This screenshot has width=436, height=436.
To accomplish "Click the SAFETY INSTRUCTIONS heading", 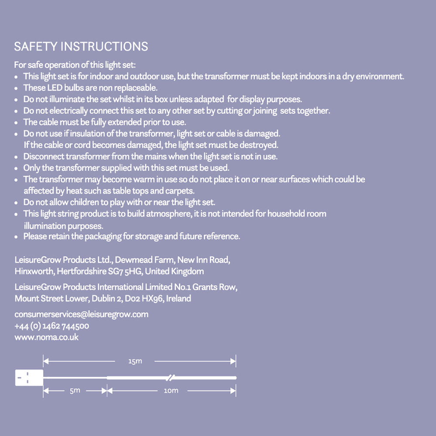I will click(x=81, y=47).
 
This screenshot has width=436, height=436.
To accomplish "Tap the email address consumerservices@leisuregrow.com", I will click(x=81, y=314).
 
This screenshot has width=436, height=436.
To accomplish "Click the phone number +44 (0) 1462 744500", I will click(x=52, y=326).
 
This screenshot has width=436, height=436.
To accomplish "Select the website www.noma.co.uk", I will click(x=47, y=337).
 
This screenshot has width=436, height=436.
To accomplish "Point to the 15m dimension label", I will click(x=135, y=361).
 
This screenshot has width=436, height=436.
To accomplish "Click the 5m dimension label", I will click(x=75, y=391).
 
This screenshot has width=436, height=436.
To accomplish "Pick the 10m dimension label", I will click(x=171, y=391).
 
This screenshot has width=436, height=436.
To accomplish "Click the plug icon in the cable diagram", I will click(x=29, y=378).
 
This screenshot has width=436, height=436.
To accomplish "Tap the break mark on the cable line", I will click(x=170, y=377).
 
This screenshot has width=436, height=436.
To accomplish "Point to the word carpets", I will click(x=180, y=191).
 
